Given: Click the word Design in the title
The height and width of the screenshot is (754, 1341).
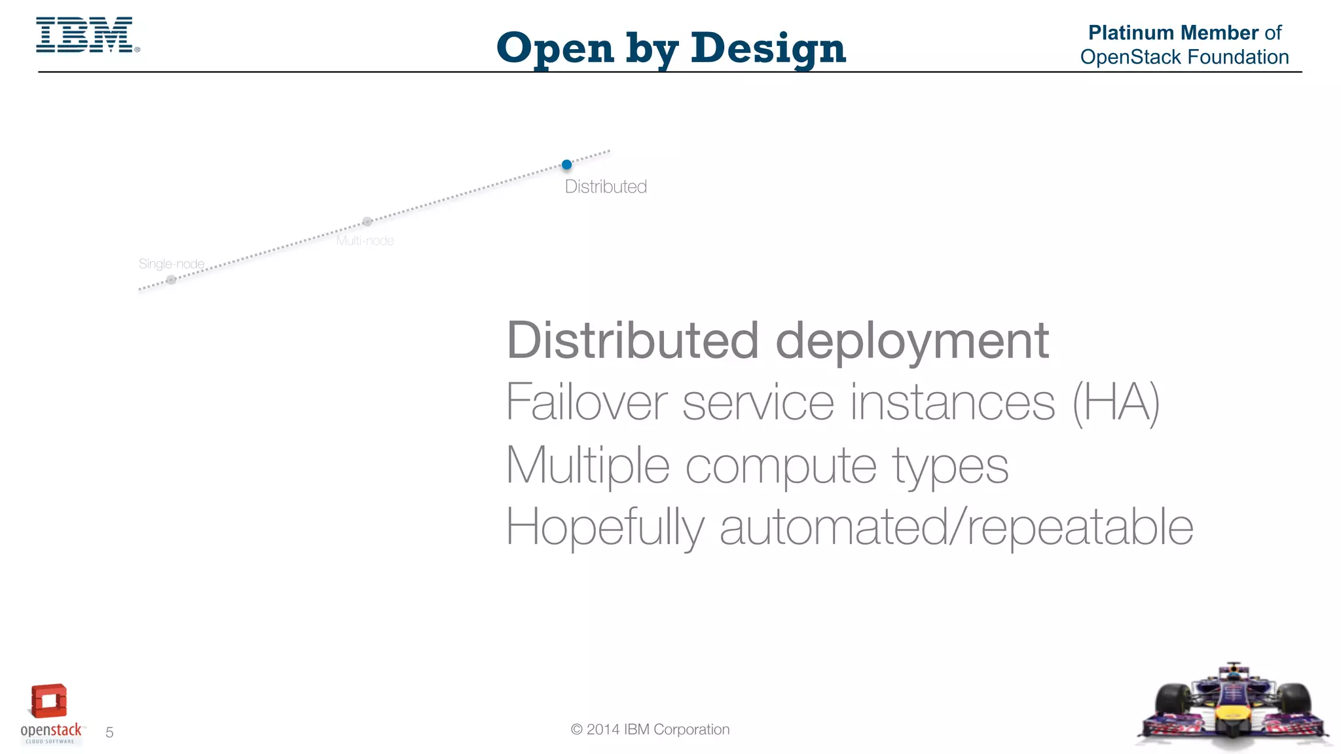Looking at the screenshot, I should (x=767, y=48).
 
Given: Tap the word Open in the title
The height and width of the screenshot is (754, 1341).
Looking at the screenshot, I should (x=555, y=49).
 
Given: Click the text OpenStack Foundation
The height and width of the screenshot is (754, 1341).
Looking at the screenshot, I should (x=1184, y=57).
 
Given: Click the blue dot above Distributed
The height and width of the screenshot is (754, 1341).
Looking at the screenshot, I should (x=567, y=164).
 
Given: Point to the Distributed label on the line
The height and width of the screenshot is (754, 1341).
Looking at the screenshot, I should (x=606, y=187).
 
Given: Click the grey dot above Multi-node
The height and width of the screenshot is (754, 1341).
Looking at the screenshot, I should (x=367, y=221).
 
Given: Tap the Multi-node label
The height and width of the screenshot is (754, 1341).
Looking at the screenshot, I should (x=365, y=241).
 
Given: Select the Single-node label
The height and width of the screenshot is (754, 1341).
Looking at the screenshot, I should (x=172, y=264).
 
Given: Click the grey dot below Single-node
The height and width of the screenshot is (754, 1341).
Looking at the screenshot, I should (x=171, y=280).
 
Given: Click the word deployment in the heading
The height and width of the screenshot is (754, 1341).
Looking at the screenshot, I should (x=912, y=342).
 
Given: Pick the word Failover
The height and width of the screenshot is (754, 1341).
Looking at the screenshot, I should (x=587, y=402).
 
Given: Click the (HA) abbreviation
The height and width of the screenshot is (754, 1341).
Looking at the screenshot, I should (x=1116, y=402).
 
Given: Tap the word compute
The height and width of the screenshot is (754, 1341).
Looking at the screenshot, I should (x=781, y=465).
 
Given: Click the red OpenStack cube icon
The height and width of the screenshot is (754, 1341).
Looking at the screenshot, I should (x=49, y=702).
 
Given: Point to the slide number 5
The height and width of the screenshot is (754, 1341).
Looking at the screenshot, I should (x=109, y=732).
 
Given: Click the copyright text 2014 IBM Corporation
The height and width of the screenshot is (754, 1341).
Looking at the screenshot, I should (x=650, y=730).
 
